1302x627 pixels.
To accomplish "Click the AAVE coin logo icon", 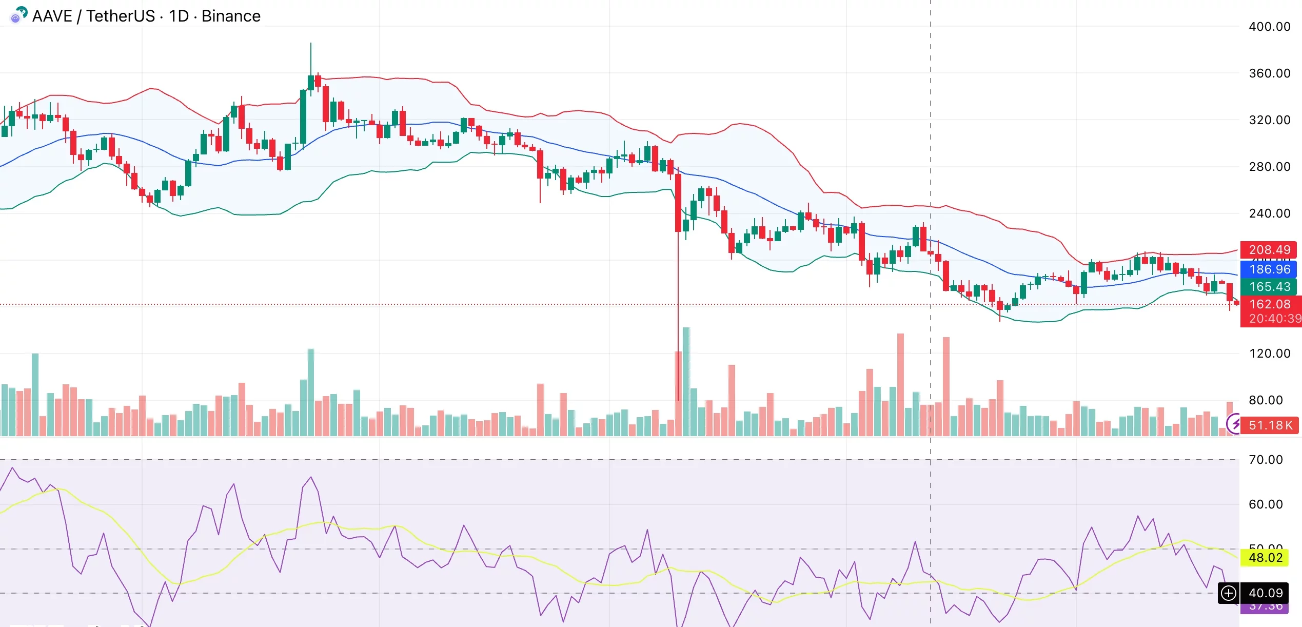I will point(18,15).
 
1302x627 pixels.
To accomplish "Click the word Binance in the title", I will point(231,16).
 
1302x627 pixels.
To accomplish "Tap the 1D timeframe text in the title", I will point(179,16).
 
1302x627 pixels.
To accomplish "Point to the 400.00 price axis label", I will point(1269,27).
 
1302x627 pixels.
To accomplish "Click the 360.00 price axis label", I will point(1269,73).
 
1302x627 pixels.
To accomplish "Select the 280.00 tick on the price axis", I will point(1269,167).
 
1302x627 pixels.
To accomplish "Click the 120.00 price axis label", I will point(1269,354).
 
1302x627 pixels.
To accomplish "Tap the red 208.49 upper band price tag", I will point(1269,250).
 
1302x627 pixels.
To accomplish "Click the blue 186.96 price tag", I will point(1269,269).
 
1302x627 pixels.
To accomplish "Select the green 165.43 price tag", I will point(1269,287).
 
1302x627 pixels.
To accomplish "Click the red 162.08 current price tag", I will point(1269,304).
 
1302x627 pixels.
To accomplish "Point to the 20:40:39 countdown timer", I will point(1274,319).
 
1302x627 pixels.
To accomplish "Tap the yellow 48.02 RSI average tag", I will point(1265,558).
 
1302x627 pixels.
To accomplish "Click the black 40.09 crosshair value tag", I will point(1265,593).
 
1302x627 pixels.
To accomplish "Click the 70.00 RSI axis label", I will point(1265,460).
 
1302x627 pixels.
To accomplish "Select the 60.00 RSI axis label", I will point(1265,504).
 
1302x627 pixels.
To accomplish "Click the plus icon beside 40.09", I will point(1229,594).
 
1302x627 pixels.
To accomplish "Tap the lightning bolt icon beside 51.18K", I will point(1234,424).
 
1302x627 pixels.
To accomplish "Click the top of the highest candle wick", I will point(311,44).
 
